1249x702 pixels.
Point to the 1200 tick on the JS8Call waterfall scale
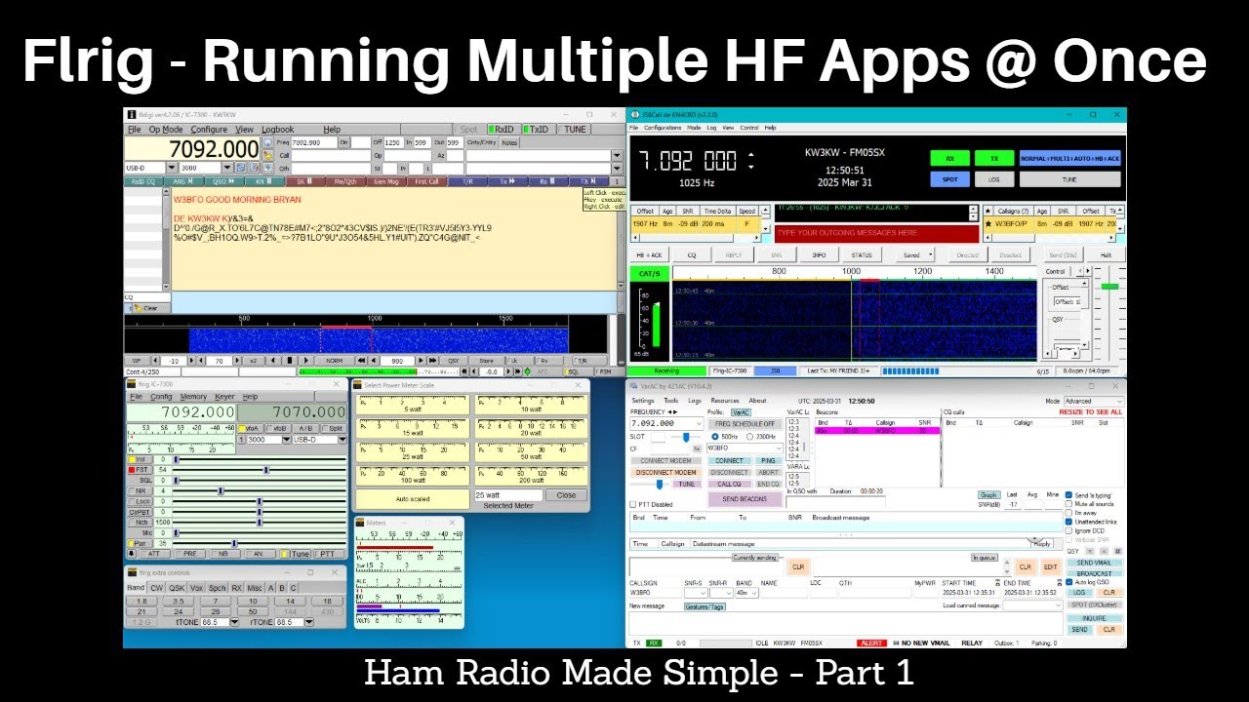[x=920, y=271]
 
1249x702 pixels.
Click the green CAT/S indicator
[x=648, y=272]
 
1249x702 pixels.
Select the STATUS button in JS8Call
[x=862, y=255]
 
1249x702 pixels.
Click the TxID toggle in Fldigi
[x=536, y=129]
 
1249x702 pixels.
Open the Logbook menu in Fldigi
[x=277, y=129]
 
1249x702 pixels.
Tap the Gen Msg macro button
[x=385, y=181]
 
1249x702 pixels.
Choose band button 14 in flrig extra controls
[x=290, y=602]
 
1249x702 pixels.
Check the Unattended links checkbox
[x=1069, y=521]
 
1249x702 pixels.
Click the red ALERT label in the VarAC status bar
[x=870, y=643]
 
